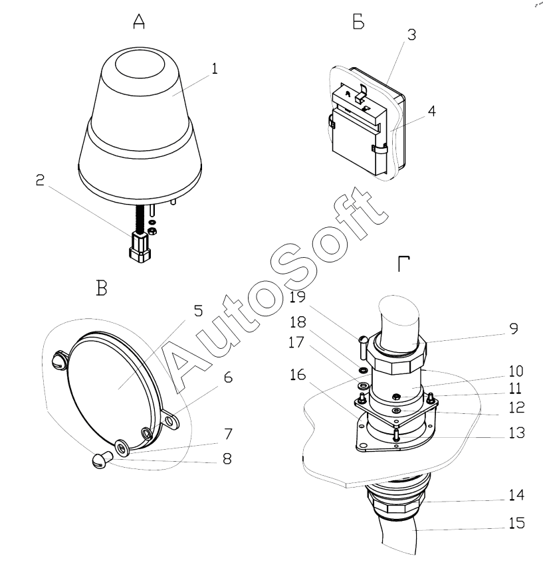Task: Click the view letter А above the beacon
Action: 139,21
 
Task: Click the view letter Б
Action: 358,23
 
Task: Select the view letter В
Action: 102,288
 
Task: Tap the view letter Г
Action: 403,264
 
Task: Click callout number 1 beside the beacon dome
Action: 214,69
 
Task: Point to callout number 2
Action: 40,180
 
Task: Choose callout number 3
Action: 411,35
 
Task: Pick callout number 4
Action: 431,110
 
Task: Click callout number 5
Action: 199,311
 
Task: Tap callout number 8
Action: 227,459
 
